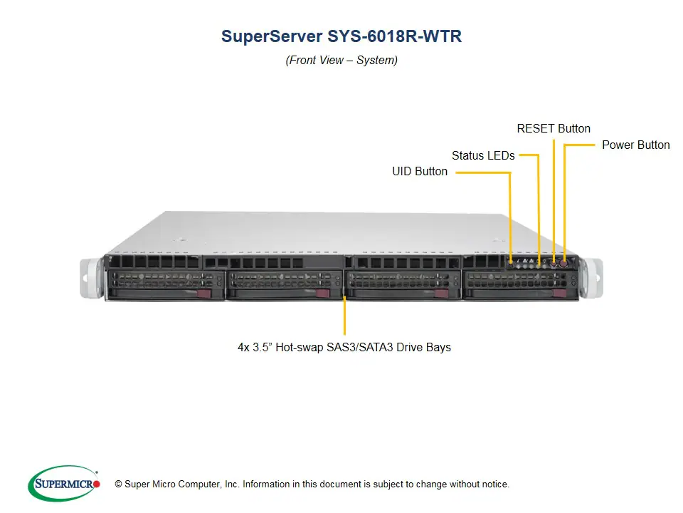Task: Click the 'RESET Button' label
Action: click(554, 129)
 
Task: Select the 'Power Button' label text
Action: click(635, 145)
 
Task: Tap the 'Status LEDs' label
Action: click(483, 155)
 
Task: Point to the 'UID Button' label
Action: click(420, 172)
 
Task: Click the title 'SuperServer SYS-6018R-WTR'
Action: click(341, 36)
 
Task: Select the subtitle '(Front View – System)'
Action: click(341, 61)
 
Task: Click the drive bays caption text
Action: click(344, 348)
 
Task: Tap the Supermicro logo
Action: click(64, 484)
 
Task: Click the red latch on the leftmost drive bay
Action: click(205, 294)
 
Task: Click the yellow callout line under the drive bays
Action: click(344, 317)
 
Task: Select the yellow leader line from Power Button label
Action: click(580, 145)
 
